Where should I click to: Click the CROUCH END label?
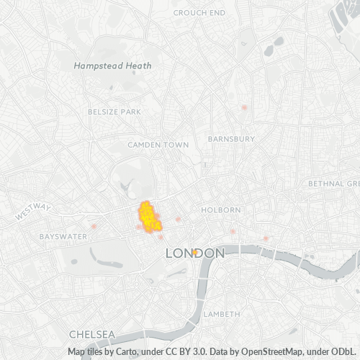[x=199, y=12]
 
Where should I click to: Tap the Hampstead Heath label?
[x=113, y=65]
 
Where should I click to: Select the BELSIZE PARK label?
[x=114, y=112]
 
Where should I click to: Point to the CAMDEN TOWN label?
[x=158, y=145]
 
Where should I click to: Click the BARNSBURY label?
[x=231, y=138]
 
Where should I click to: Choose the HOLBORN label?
[x=221, y=210]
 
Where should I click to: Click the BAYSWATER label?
[x=63, y=236]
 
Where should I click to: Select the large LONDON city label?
[x=195, y=253]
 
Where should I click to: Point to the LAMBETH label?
[x=221, y=315]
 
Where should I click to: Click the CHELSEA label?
[x=92, y=335]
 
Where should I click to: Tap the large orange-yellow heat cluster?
[x=149, y=217]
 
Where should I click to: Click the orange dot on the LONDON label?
[x=195, y=251]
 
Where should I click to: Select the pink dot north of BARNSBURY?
[x=245, y=107]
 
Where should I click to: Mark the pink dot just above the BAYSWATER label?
[x=94, y=225]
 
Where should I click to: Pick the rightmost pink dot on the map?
[x=266, y=238]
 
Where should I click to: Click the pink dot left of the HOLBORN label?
[x=178, y=219]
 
